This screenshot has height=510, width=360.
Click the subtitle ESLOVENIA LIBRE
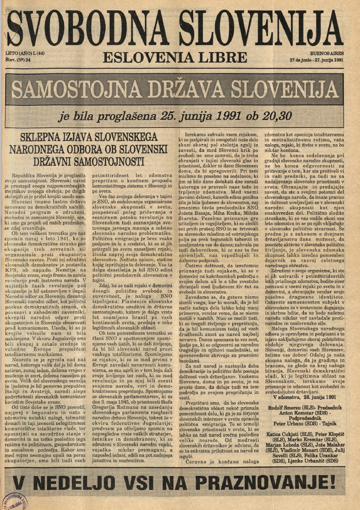point(175,57)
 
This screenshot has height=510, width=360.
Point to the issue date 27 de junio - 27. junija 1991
point(316,60)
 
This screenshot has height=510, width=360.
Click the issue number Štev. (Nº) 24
point(19,60)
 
